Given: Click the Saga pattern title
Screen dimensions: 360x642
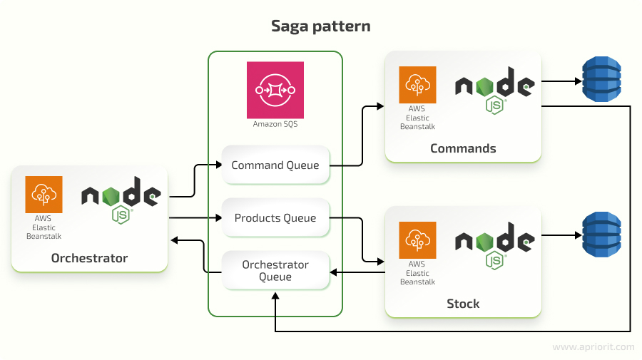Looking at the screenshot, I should [x=320, y=26].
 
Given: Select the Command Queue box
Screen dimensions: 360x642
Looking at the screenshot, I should [x=275, y=165].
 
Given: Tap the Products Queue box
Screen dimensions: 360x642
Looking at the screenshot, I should [x=275, y=218].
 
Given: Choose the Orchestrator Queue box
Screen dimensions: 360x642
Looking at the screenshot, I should [x=275, y=270].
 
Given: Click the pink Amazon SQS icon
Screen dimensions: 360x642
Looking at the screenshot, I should [x=275, y=90].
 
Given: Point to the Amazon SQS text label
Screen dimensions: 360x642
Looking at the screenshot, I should [x=275, y=124].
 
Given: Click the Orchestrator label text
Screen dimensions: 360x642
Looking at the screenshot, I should [x=89, y=258].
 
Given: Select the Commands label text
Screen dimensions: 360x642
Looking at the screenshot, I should [x=463, y=148].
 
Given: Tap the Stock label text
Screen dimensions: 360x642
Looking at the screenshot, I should [x=463, y=304].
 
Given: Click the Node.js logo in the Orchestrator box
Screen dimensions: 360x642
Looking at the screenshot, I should [x=121, y=200].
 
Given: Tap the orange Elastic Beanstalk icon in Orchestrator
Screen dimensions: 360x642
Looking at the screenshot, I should [x=44, y=195].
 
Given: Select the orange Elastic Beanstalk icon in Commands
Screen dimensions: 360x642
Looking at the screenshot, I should [x=417, y=85].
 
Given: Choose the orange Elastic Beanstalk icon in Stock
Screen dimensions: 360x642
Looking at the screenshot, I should [x=417, y=240].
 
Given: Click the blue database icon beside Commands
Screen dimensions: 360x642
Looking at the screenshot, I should [x=601, y=81].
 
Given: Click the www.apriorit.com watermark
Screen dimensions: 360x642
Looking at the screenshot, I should [x=593, y=346].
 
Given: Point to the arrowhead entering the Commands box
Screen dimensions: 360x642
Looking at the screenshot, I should [x=380, y=107].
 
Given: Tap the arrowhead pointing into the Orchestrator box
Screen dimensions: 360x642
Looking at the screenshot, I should [x=173, y=240].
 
